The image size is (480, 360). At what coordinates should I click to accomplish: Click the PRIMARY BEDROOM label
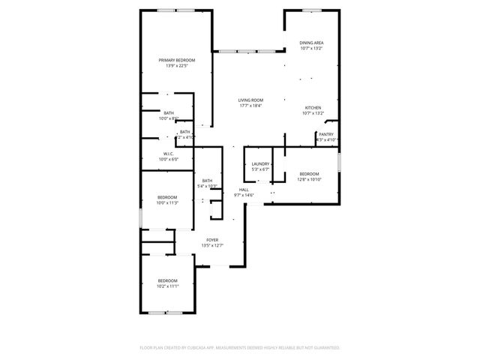(x=176, y=60)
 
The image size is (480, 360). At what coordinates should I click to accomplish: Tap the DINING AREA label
(x=311, y=43)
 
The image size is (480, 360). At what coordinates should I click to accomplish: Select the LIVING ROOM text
(x=250, y=100)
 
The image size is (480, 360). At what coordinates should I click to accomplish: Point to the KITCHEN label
(x=313, y=108)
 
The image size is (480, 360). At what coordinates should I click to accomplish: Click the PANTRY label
(x=326, y=134)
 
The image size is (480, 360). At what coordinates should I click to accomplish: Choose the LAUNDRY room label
(x=260, y=163)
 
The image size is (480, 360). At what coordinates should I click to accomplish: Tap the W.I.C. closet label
(x=169, y=154)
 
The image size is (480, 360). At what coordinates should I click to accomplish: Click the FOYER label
(x=213, y=240)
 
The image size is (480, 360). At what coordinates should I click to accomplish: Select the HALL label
(x=244, y=190)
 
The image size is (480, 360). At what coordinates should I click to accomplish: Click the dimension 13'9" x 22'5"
(x=176, y=66)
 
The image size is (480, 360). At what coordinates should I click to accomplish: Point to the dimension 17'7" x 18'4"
(x=250, y=106)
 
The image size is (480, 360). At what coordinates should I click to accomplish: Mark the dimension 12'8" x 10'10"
(x=309, y=179)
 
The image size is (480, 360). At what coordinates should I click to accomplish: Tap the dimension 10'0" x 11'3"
(x=167, y=202)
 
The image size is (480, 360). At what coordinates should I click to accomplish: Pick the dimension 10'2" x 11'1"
(x=167, y=286)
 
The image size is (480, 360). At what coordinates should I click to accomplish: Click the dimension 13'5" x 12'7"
(x=213, y=245)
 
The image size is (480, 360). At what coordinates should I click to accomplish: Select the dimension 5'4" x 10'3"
(x=207, y=185)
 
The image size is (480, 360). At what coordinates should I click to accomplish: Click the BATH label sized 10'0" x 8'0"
(x=169, y=112)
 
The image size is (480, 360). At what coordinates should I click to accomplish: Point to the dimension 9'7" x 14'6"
(x=244, y=195)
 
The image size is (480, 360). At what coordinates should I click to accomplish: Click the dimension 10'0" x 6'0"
(x=169, y=159)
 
